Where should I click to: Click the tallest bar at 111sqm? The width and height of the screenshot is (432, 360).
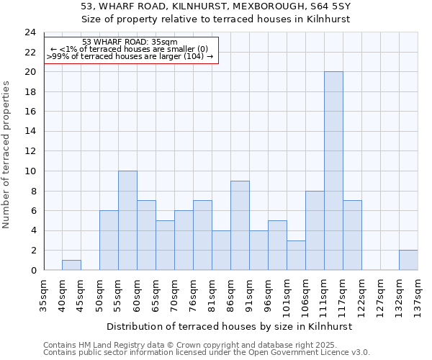click(x=333, y=171)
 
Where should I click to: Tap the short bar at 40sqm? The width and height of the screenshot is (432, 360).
click(x=71, y=265)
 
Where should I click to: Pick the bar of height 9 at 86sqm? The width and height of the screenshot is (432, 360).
click(x=240, y=225)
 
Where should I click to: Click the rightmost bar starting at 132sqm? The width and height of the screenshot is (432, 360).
click(x=408, y=260)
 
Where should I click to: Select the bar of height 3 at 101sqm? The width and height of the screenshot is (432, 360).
click(x=296, y=255)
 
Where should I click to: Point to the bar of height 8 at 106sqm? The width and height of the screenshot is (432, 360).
click(x=315, y=230)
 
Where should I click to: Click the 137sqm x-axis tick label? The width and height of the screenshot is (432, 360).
click(x=418, y=295)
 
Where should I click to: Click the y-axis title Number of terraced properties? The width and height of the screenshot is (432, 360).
click(x=7, y=155)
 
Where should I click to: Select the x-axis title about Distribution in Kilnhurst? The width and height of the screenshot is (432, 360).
click(x=230, y=326)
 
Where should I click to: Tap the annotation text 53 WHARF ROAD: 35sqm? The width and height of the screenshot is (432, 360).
click(x=130, y=42)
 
